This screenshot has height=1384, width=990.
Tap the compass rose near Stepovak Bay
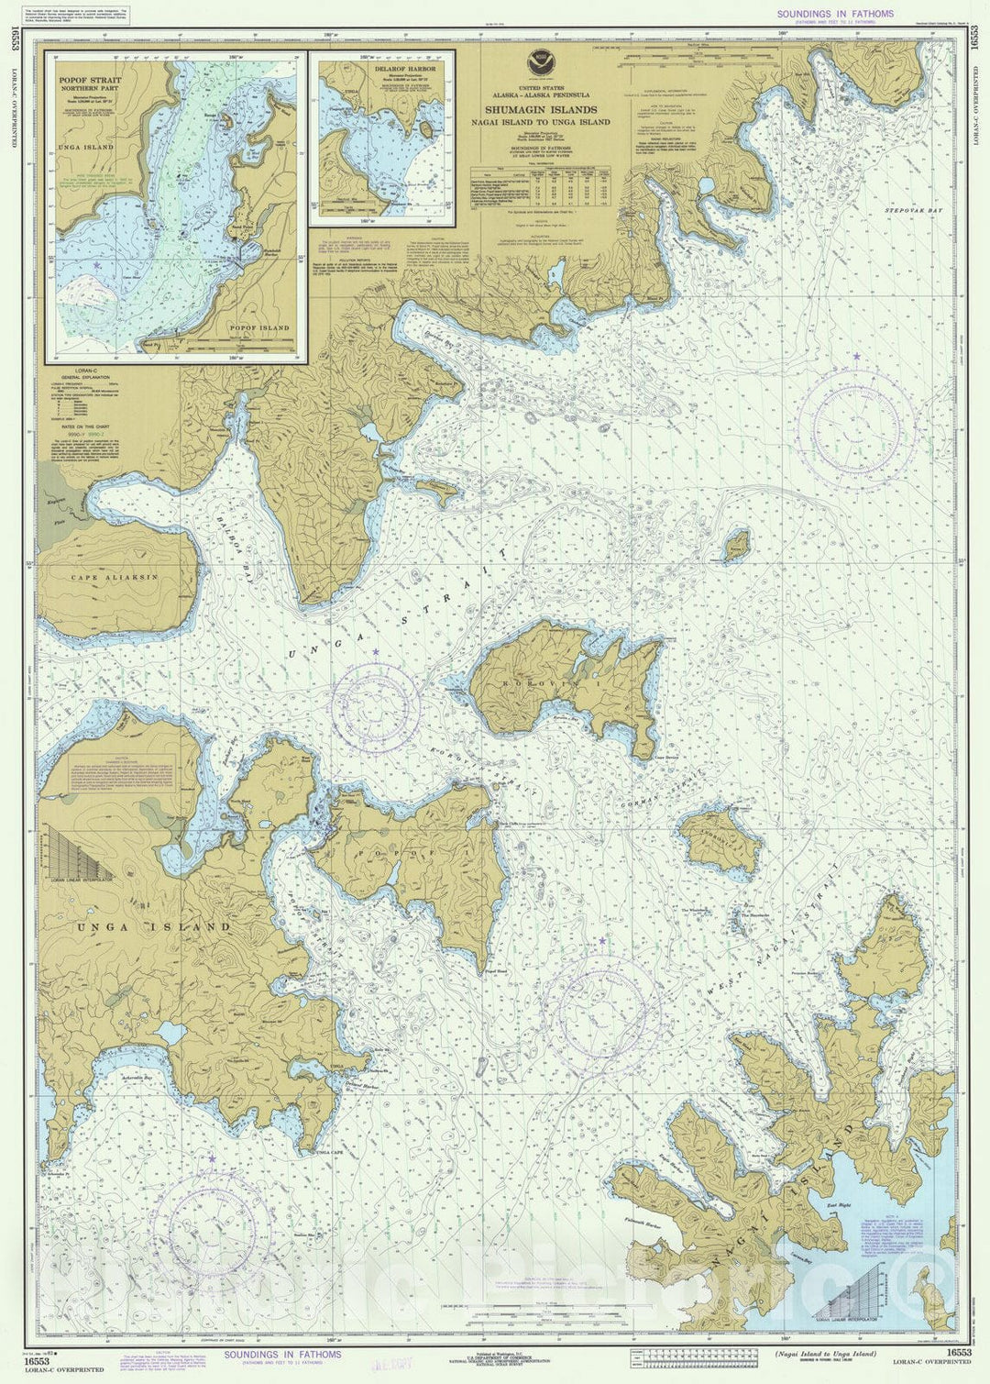coord(854,424)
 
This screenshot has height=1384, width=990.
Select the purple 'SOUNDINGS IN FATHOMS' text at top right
coord(834,14)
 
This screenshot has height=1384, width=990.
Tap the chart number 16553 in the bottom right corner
coord(960,1352)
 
